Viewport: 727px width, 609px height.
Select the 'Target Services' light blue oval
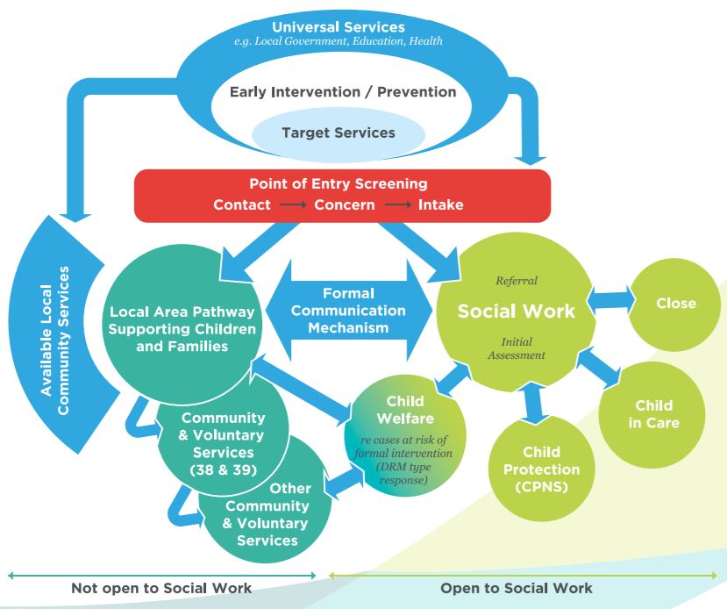[339, 133]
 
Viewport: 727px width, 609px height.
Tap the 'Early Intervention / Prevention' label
[343, 91]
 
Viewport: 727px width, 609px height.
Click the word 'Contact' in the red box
[243, 204]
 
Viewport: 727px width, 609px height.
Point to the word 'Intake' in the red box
[440, 204]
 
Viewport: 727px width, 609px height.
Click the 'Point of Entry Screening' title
[339, 184]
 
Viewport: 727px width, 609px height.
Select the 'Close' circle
[675, 304]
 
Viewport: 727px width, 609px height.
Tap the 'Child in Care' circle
[653, 414]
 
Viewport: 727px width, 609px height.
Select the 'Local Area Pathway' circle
[182, 328]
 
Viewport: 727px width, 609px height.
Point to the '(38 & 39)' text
[222, 469]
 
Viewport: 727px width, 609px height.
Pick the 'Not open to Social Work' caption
[161, 588]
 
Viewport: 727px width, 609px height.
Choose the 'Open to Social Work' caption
[517, 588]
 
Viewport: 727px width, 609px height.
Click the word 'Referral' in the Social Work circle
[517, 281]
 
